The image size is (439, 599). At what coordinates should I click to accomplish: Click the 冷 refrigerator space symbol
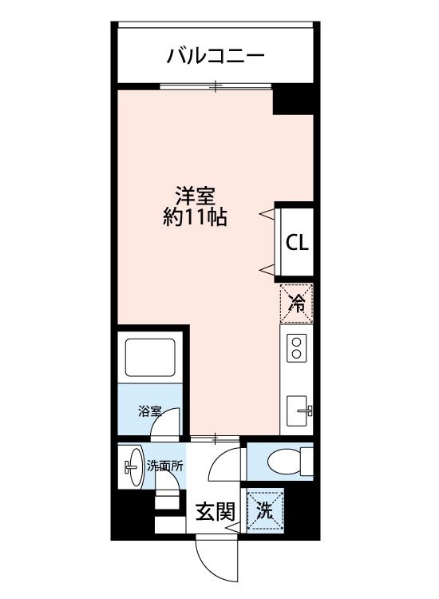coord(296,303)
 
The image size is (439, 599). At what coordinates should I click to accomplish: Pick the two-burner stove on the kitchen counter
coord(296,348)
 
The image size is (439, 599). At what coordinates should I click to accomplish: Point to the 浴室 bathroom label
coord(149,412)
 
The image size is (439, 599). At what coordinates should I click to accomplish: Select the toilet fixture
coord(283,462)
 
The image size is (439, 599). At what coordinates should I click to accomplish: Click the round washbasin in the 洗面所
coord(132,466)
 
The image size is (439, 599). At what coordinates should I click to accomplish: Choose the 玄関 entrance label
coord(216,512)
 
